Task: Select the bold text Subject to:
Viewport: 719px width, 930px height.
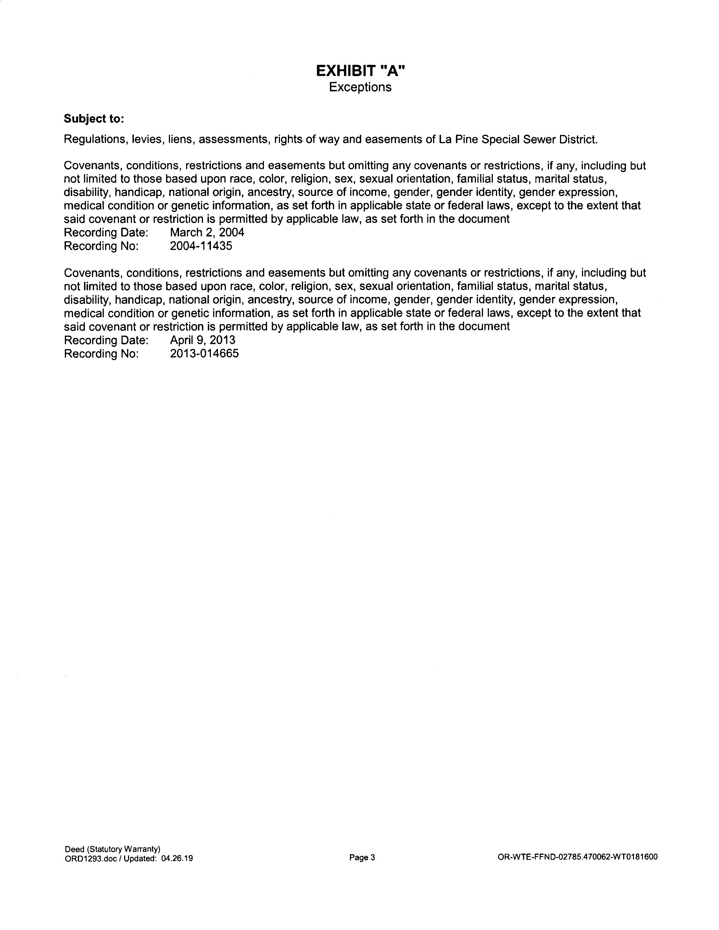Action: pyautogui.click(x=94, y=119)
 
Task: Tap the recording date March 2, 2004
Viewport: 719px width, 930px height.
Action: pyautogui.click(x=207, y=232)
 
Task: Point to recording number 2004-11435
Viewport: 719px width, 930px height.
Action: pyautogui.click(x=201, y=246)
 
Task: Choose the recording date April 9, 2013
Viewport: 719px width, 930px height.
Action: pyautogui.click(x=202, y=340)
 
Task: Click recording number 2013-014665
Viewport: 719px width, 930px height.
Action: pyautogui.click(x=204, y=353)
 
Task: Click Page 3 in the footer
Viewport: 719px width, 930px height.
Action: pyautogui.click(x=362, y=858)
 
